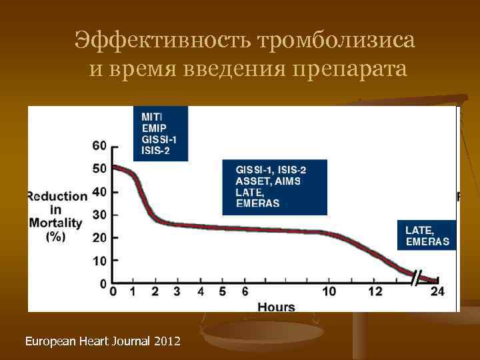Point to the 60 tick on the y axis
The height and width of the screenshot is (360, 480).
(x=99, y=146)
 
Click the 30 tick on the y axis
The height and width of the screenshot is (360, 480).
(x=99, y=215)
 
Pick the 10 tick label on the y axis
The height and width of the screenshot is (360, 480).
(x=99, y=261)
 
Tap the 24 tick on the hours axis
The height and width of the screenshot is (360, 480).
(x=437, y=291)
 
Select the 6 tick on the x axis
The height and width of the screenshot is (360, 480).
(x=245, y=291)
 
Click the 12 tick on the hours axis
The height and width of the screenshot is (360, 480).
(x=375, y=291)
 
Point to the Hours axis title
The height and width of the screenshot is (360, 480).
(x=275, y=307)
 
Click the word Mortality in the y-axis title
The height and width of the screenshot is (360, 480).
(x=55, y=223)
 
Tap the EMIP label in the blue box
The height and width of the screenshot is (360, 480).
(x=155, y=127)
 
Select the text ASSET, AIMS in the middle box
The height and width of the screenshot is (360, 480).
(x=268, y=181)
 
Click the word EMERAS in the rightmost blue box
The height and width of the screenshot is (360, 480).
(x=427, y=241)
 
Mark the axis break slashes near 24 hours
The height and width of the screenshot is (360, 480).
(x=417, y=277)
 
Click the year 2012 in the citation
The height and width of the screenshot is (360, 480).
(x=167, y=341)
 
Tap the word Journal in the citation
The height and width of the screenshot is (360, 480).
(x=130, y=341)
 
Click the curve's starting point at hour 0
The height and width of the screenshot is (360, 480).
(x=113, y=167)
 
